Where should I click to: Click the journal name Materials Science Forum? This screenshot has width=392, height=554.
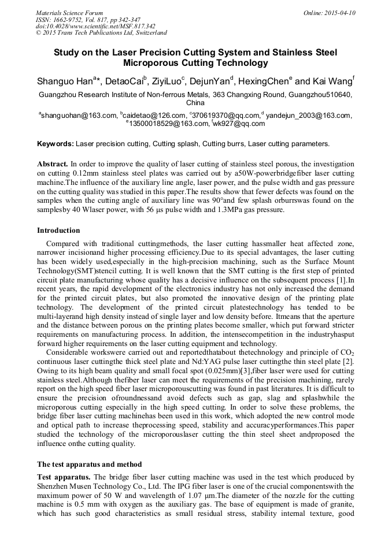pyautogui.click(x=69, y=13)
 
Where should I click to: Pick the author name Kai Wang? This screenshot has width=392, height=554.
pyautogui.click(x=334, y=81)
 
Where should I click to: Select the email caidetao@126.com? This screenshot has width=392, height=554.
pyautogui.click(x=154, y=116)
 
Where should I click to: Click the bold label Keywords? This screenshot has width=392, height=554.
pyautogui.click(x=56, y=144)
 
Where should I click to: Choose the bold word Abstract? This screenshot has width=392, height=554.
pyautogui.click(x=53, y=164)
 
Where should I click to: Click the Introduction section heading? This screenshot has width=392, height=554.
pyautogui.click(x=58, y=230)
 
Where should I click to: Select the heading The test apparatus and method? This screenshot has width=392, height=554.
pyautogui.click(x=90, y=464)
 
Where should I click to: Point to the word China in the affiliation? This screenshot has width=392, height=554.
pyautogui.click(x=195, y=102)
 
